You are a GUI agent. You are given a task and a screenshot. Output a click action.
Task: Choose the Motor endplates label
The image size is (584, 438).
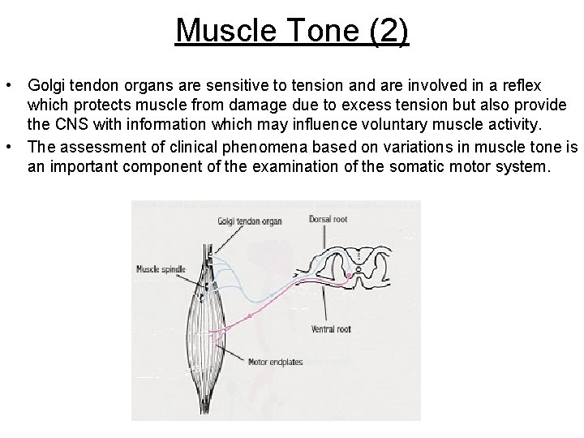click(x=276, y=363)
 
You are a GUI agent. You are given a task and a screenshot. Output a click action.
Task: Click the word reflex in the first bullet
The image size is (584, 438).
click(x=524, y=85)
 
